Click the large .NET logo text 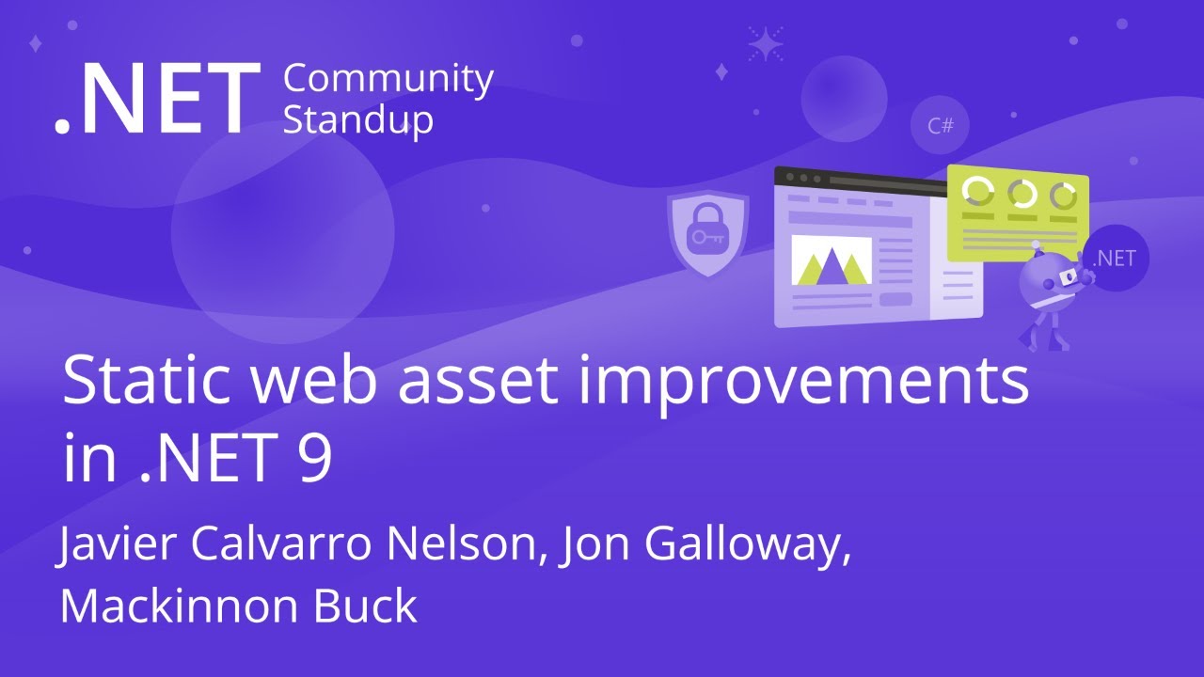pos(155,101)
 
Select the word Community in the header pos(388,81)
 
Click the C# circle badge pos(940,125)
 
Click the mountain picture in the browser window pos(831,260)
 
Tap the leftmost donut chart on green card pos(978,192)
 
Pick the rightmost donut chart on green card pos(1063,196)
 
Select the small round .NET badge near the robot pos(1115,259)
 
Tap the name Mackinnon pos(180,606)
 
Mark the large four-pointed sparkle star pos(766,43)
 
